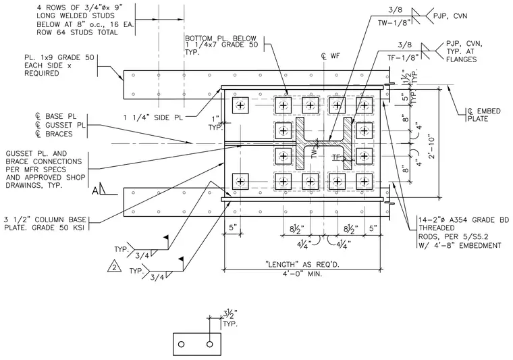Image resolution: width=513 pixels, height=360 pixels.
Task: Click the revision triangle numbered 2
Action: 114,267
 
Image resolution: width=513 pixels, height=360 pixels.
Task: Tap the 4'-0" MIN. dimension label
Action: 302,274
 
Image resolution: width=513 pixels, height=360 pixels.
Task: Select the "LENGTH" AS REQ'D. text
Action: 302,264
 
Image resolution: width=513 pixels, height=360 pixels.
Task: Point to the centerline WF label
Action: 331,56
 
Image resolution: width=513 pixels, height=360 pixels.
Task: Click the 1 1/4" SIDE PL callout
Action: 153,118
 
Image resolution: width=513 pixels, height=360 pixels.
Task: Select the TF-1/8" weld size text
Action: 404,58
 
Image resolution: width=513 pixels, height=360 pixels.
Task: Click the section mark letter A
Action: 95,190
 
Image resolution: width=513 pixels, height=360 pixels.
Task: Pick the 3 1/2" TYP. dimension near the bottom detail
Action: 230,319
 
